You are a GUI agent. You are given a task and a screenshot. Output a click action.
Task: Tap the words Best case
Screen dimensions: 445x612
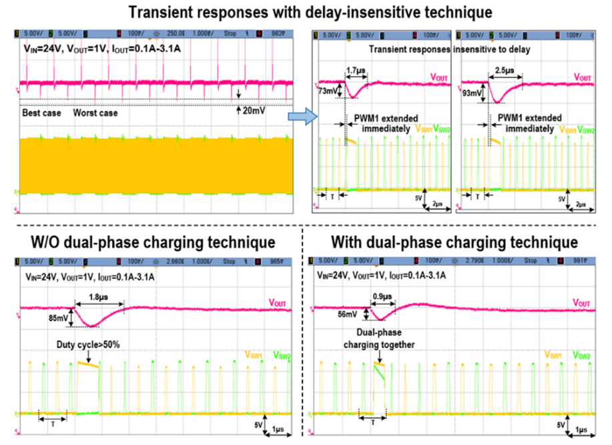pos(41,114)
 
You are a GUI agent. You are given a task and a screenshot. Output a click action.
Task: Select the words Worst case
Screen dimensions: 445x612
pos(95,114)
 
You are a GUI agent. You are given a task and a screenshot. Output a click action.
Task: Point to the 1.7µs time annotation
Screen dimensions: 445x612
pos(355,68)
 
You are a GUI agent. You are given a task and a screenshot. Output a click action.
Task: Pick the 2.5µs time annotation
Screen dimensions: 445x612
pos(505,69)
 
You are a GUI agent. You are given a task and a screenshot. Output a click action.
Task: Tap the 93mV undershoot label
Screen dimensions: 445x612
pos(473,93)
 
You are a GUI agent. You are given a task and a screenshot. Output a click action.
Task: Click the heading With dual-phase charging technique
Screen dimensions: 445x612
pos(454,241)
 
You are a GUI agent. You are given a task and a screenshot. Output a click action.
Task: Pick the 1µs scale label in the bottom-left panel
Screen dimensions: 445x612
pos(280,428)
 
